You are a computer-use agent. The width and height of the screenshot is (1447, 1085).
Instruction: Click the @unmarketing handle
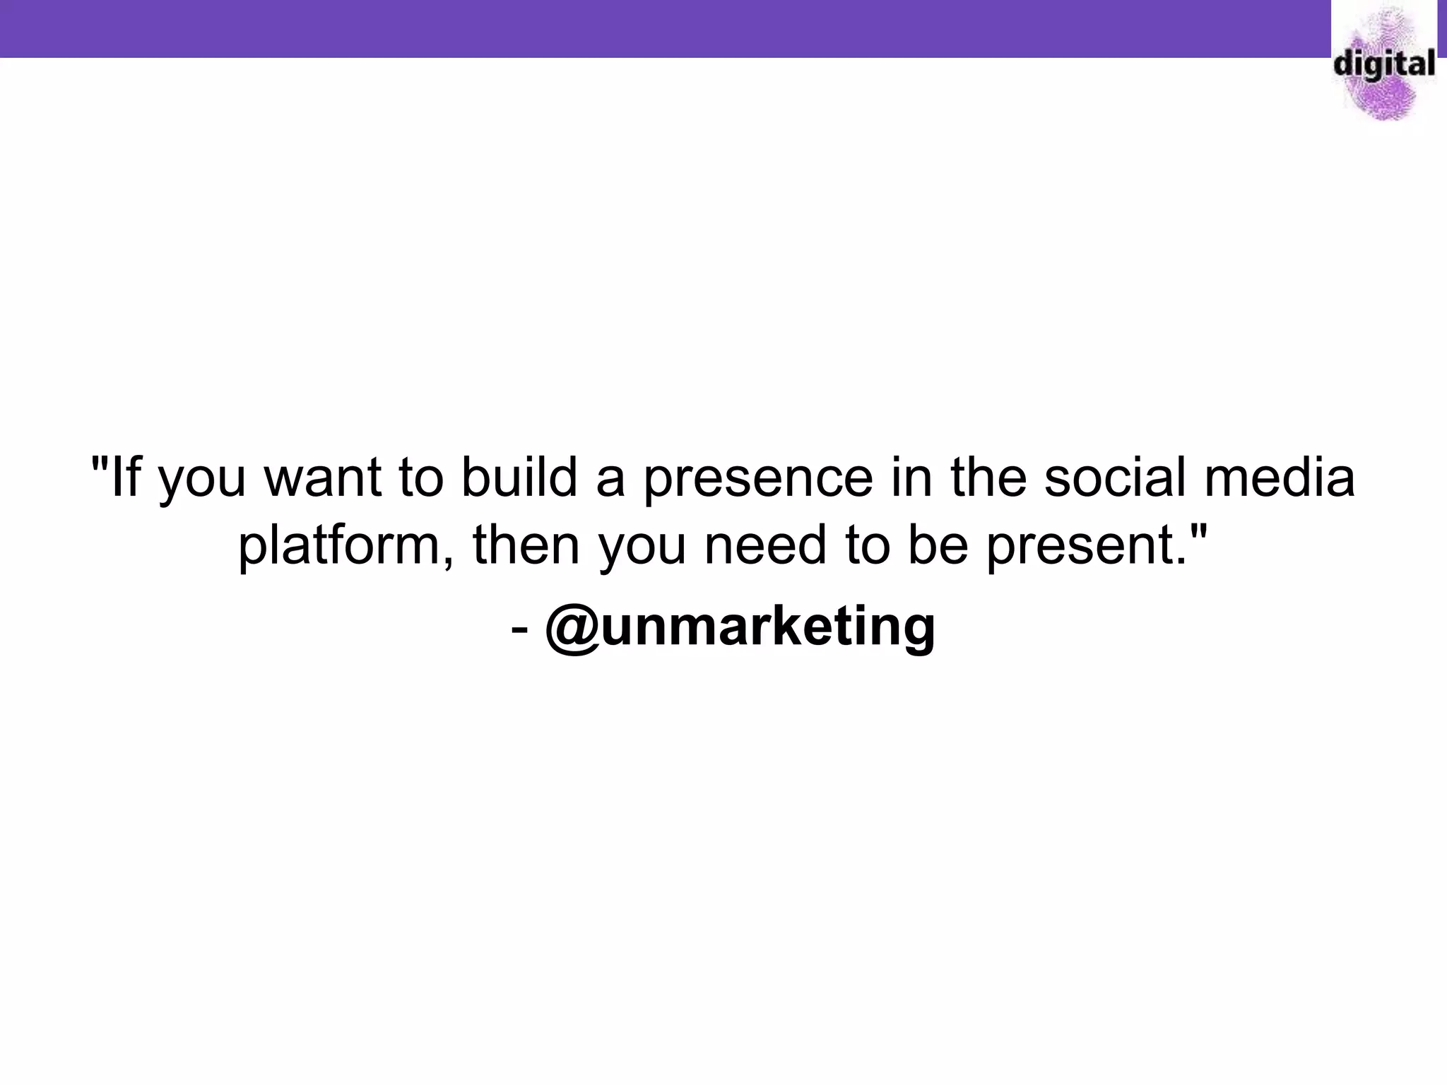point(740,626)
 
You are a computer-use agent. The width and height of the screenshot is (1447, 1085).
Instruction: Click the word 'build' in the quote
point(519,478)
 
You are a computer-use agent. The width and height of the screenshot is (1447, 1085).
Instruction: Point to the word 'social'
point(1115,478)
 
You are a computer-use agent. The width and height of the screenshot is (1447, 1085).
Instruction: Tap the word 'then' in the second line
point(526,546)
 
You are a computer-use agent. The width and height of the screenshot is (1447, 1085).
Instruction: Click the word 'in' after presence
point(911,478)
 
